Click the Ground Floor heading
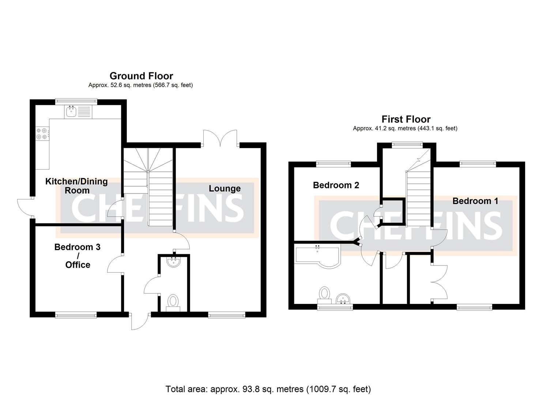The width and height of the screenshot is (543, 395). pos(141,76)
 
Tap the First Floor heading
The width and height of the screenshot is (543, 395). pos(406,119)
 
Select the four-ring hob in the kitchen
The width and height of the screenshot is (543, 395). pos(41,133)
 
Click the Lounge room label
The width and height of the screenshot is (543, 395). pos(225,188)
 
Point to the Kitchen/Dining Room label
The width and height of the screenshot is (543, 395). pos(76,186)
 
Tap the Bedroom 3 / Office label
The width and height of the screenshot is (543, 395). pos(77,256)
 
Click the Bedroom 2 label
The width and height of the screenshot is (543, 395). pos(336,185)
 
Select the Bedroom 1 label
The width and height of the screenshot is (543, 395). pos(475,201)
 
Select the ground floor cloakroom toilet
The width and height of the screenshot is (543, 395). pos(173,302)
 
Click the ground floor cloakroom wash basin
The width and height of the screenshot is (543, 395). pos(173,262)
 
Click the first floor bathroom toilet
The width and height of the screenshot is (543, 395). pos(324,295)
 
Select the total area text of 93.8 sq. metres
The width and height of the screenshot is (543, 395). pos(268,389)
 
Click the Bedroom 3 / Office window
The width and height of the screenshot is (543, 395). pos(76,314)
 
